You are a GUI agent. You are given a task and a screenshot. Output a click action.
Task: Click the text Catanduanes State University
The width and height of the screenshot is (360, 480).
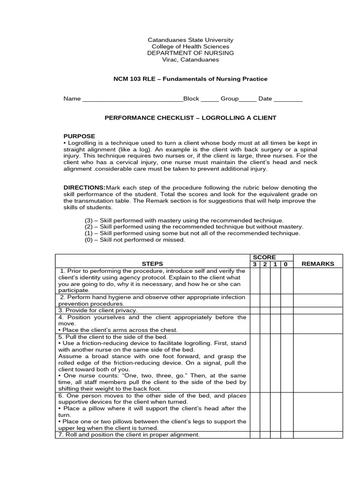(x=190, y=40)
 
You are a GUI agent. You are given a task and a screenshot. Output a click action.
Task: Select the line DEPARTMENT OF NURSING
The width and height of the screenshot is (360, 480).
(x=190, y=53)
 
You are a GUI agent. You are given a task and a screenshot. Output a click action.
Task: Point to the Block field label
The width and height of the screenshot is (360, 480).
(x=191, y=99)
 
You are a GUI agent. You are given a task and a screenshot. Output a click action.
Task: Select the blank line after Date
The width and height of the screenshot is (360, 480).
(x=288, y=99)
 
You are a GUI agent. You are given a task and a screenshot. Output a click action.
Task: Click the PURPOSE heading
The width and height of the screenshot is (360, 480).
(x=79, y=136)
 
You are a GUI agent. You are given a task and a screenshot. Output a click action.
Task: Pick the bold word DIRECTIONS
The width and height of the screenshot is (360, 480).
(x=84, y=187)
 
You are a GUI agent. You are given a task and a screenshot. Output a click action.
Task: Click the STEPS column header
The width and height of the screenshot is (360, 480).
(x=152, y=264)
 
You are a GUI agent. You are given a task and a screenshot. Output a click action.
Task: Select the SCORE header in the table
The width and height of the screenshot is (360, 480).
(x=264, y=257)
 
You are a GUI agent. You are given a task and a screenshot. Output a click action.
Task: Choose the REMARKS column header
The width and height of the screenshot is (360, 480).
(x=318, y=264)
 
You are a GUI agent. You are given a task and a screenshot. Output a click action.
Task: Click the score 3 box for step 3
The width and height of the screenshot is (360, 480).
(x=255, y=310)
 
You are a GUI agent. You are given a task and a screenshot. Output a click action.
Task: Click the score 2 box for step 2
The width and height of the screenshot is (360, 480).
(x=265, y=300)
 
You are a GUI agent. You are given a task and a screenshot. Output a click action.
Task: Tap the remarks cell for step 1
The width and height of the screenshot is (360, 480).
(x=318, y=281)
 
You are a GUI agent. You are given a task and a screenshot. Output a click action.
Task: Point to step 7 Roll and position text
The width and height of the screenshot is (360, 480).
(x=129, y=435)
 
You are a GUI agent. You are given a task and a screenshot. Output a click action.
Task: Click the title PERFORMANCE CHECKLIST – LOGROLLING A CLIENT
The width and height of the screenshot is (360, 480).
(x=190, y=118)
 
